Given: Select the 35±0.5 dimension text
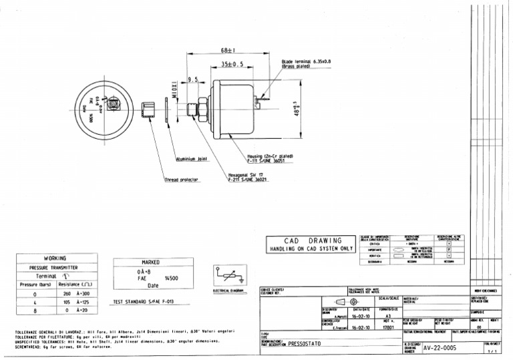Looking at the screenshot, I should click(x=231, y=65).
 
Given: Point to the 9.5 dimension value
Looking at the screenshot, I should click(x=194, y=79).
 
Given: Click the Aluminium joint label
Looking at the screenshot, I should click(x=191, y=160).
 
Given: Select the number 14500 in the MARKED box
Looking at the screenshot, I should click(x=172, y=277).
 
